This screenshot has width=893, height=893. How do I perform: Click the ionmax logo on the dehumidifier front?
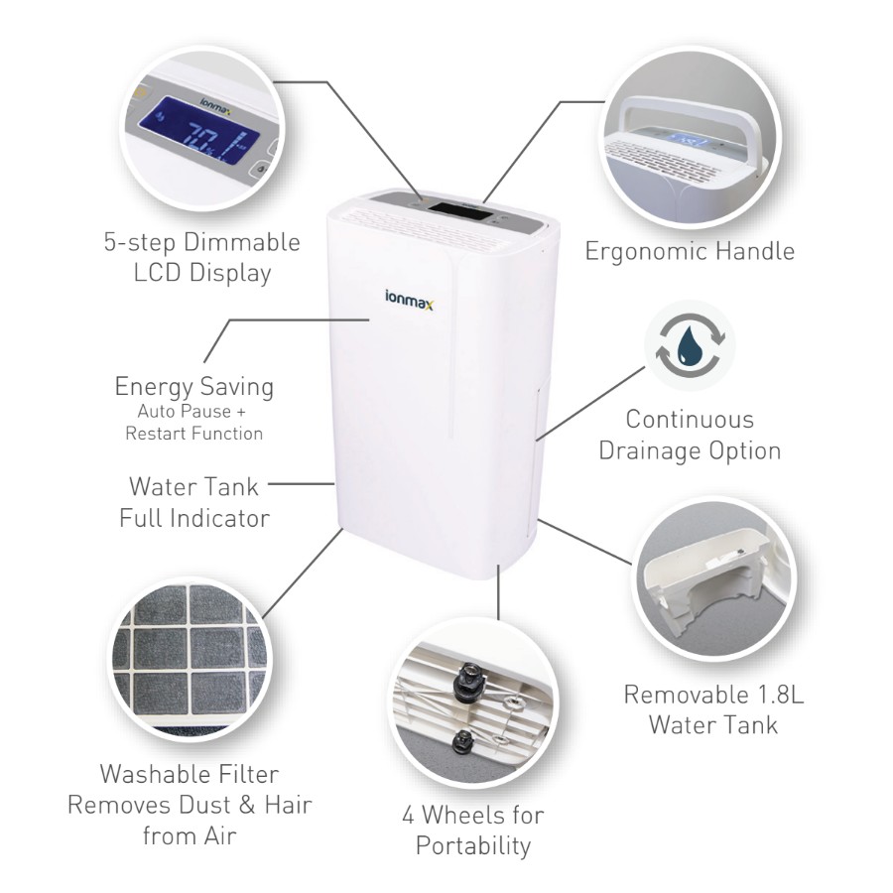[409, 300]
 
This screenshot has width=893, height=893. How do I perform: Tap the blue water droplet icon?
[691, 343]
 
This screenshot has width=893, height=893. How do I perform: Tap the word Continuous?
[690, 419]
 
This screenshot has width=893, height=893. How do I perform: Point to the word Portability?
[473, 845]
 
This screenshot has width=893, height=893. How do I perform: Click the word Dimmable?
[241, 243]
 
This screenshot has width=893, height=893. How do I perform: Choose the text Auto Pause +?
[191, 411]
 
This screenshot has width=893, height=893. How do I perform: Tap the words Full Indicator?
[194, 518]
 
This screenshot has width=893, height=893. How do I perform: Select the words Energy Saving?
[194, 387]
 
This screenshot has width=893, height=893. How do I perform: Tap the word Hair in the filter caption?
[288, 805]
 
